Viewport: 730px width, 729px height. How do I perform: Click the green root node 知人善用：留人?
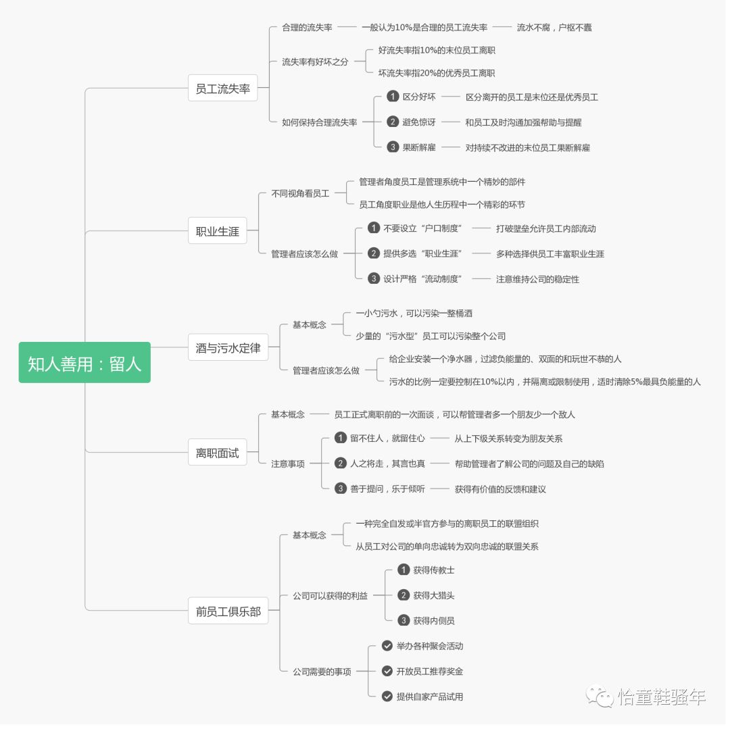(x=84, y=363)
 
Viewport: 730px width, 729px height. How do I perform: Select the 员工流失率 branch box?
(x=222, y=88)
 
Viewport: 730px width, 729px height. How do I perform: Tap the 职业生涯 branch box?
(x=217, y=231)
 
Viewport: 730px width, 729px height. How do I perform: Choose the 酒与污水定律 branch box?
(x=227, y=349)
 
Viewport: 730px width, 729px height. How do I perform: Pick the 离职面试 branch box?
(x=217, y=453)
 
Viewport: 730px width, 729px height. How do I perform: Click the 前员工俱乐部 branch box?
(x=228, y=611)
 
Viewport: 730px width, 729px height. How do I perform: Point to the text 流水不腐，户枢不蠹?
(x=554, y=28)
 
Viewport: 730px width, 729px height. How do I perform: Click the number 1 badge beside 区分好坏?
(x=393, y=97)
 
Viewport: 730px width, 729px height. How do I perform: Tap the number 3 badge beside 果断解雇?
(x=393, y=147)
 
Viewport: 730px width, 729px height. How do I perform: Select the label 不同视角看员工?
(x=300, y=193)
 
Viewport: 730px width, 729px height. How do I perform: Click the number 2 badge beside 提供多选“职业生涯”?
(x=374, y=253)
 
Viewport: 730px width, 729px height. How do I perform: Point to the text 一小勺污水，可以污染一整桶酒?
(x=414, y=313)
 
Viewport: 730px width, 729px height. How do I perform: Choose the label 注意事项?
(x=288, y=464)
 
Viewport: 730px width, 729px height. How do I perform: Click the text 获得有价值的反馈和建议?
(x=500, y=489)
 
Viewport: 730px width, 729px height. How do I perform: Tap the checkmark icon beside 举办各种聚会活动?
(x=387, y=646)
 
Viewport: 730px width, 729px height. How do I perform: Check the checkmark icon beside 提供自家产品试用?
(x=387, y=696)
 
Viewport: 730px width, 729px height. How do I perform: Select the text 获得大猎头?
(x=434, y=595)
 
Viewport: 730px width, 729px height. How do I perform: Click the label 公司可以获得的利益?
(x=330, y=596)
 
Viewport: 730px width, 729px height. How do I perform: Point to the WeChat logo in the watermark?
(x=599, y=695)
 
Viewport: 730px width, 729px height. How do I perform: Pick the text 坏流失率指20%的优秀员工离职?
(x=436, y=73)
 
